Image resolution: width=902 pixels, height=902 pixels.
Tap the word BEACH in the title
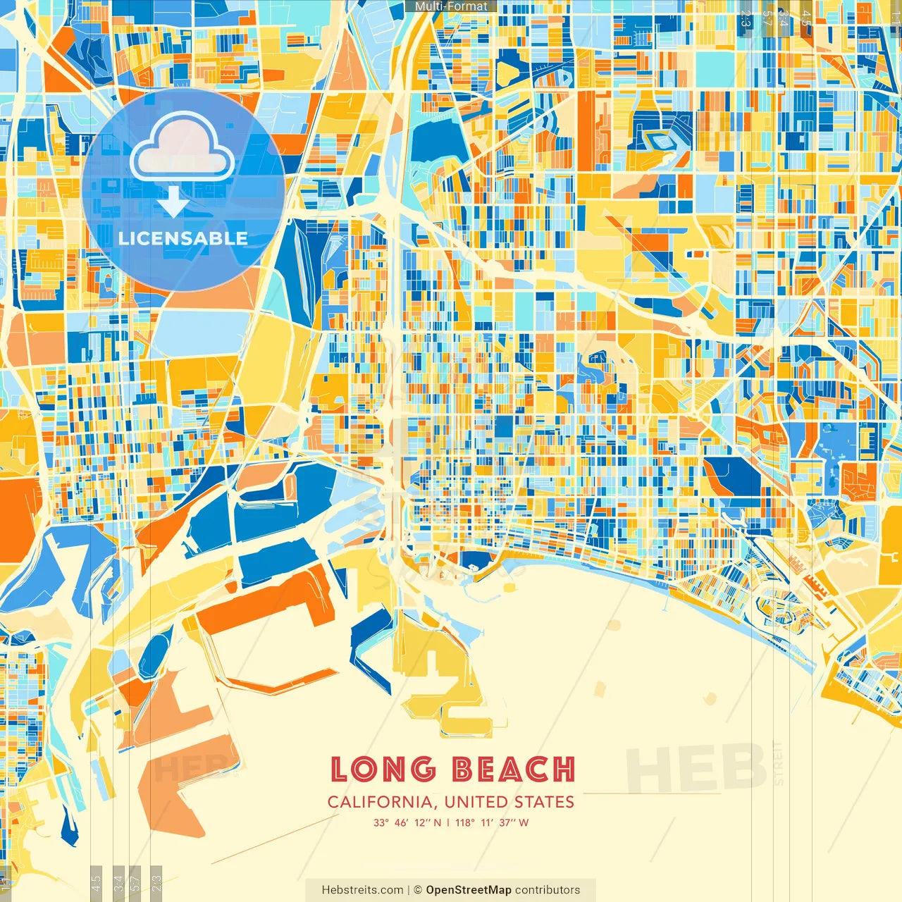point(513,770)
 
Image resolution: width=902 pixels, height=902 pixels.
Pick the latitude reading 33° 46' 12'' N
point(407,822)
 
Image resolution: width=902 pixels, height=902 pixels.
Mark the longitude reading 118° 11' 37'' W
point(492,822)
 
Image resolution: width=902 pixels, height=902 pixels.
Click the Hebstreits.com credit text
point(362,890)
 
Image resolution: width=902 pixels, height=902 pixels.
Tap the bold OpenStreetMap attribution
point(469,890)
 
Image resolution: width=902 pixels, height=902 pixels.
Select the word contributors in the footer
point(548,890)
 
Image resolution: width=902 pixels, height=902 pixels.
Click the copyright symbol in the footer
point(417,890)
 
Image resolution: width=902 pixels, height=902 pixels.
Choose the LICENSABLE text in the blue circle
point(183,238)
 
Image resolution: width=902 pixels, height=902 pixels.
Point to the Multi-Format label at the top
point(451,6)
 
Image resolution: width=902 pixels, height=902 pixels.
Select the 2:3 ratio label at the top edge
point(746,18)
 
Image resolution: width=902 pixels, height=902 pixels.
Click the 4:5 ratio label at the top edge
point(806,18)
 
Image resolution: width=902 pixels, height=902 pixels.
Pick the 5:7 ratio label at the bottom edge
point(135,882)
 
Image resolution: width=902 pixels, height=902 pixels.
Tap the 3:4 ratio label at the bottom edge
point(118,882)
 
